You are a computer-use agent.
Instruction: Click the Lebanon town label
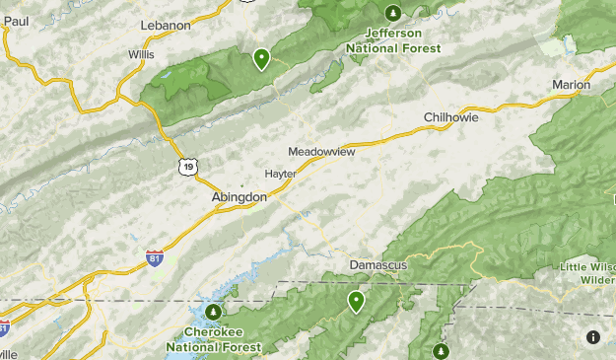165,25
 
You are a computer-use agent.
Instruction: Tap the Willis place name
142,55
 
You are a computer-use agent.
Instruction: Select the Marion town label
571,85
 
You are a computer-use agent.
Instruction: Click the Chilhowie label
450,117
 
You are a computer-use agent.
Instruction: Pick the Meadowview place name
321,152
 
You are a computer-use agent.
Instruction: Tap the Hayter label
281,174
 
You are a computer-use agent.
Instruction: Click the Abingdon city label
240,197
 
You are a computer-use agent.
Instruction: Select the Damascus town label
377,265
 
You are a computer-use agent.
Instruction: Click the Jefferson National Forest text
393,40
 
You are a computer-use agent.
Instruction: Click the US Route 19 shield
187,168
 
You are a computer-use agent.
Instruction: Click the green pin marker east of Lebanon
261,58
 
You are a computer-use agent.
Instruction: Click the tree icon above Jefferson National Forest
393,13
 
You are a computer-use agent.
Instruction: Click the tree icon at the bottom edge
441,350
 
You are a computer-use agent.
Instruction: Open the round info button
593,337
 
